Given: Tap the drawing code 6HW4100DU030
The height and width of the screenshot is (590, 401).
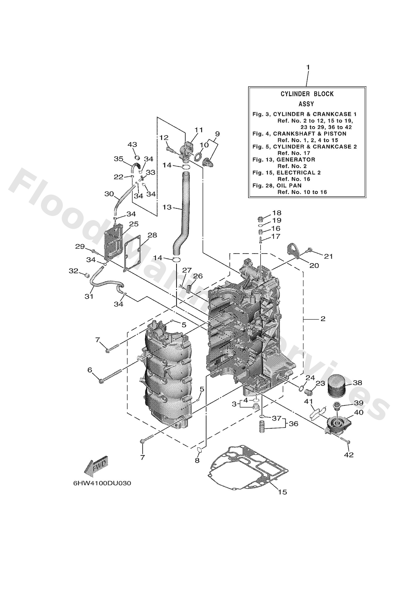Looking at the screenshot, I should [x=102, y=483].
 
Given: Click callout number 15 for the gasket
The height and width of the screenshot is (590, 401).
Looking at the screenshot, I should [x=282, y=492].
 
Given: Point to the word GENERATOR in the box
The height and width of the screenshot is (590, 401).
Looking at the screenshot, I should [x=296, y=160].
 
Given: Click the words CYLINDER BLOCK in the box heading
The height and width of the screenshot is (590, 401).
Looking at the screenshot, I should [x=307, y=94].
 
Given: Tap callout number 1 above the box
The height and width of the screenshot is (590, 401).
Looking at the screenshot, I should [x=308, y=68].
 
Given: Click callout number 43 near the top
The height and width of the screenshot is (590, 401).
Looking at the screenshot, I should [x=132, y=144].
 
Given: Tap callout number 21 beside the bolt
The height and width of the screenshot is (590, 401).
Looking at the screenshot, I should [x=328, y=256].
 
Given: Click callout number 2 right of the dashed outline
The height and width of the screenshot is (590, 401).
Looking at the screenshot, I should [x=323, y=319].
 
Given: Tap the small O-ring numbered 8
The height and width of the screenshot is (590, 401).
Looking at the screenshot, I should [x=199, y=450].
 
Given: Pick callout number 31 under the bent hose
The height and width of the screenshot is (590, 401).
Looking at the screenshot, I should [x=89, y=296].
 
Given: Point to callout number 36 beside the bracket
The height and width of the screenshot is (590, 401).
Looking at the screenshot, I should [x=293, y=424].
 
